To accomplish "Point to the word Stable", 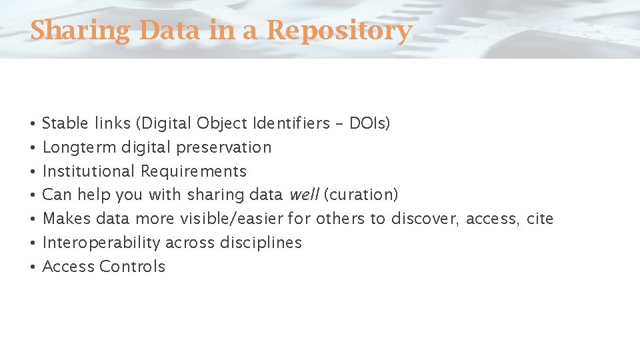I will point(65,123).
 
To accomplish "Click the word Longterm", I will point(79,147).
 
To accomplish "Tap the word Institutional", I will point(89,171).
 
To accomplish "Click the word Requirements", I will point(193,171).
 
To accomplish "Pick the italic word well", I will point(304,195).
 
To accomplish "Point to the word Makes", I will point(67,219).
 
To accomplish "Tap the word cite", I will point(540,219).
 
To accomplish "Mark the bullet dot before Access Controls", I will point(32,267).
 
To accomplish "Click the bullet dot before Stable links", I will point(32,124).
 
